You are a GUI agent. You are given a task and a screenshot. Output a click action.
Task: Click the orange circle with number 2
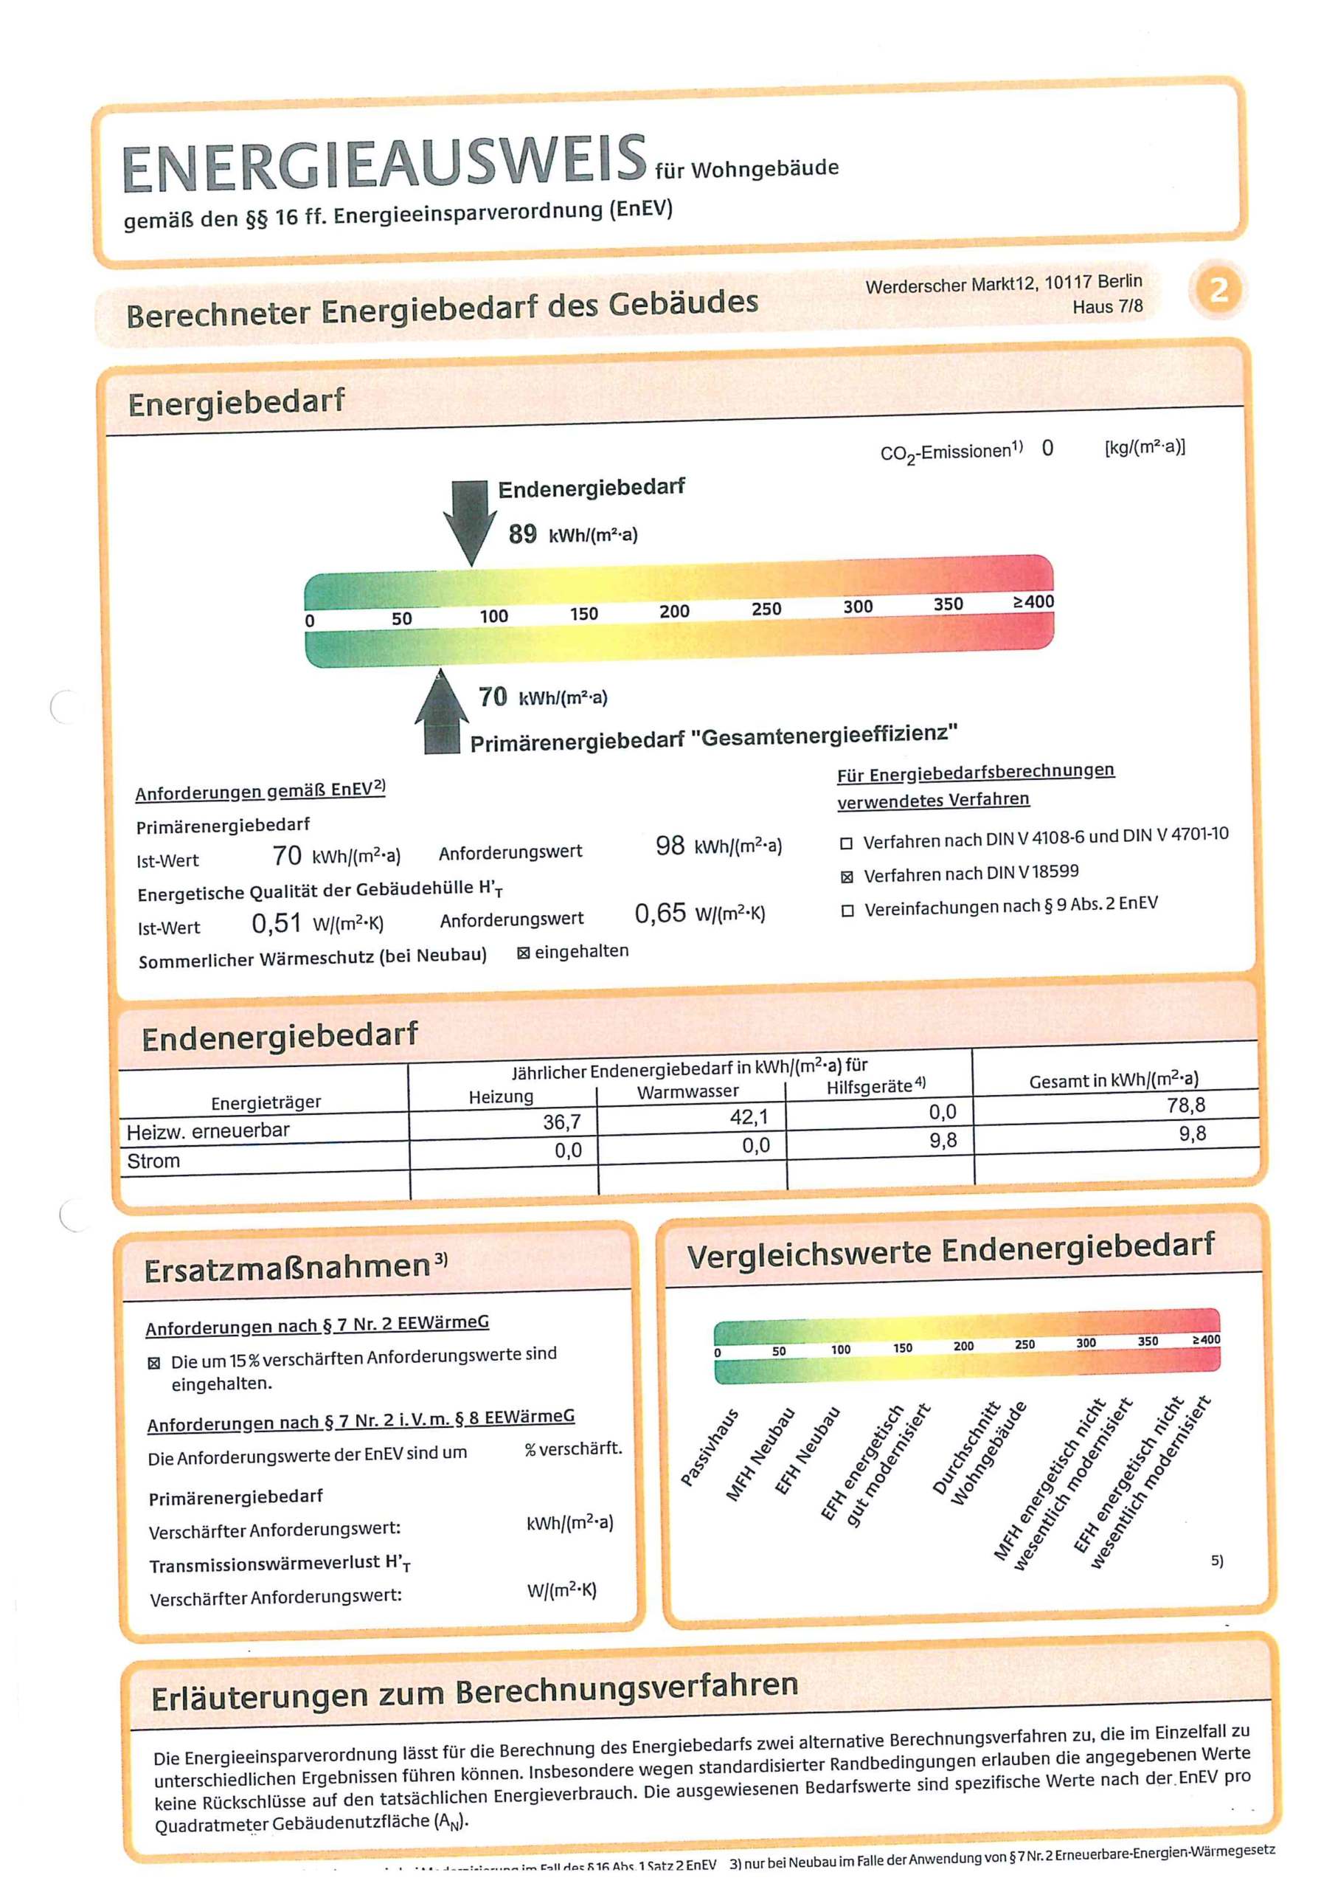point(1218,289)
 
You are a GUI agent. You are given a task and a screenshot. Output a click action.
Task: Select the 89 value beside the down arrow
point(522,534)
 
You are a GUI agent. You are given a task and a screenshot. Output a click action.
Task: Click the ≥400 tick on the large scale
point(1033,601)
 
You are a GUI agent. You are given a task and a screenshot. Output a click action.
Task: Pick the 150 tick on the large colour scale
point(584,614)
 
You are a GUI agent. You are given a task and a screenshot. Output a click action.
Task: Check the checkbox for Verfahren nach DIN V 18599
point(847,877)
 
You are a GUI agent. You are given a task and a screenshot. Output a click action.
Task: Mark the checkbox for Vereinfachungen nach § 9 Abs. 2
point(847,911)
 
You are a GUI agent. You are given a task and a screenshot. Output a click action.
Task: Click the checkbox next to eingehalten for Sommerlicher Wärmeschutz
point(523,953)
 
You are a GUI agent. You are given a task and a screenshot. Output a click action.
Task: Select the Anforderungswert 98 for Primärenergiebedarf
point(670,846)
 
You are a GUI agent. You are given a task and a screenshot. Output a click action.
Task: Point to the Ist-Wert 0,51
point(277,924)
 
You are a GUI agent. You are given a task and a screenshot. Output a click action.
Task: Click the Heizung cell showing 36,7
point(562,1122)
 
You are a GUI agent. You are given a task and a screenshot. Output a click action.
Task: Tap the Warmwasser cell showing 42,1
point(749,1117)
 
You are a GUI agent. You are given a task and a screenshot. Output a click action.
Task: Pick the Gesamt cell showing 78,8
point(1185,1106)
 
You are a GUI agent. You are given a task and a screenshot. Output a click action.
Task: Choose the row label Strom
point(154,1161)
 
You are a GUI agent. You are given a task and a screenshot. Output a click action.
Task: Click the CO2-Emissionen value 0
point(1047,448)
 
